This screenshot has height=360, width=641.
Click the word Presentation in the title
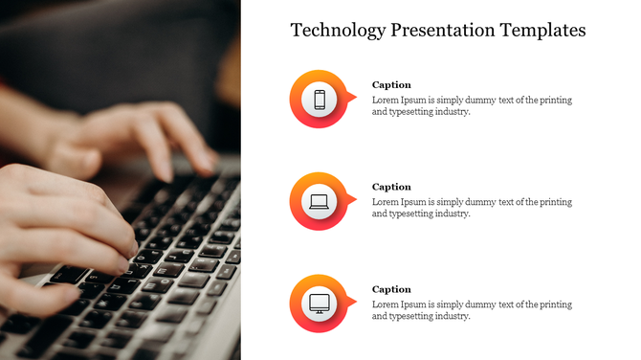tap(443, 31)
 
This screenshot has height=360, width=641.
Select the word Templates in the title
tap(542, 31)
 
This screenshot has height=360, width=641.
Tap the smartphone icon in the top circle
tap(320, 99)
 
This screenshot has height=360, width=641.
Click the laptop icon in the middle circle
tap(320, 201)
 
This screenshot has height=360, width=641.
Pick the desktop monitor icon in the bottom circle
tap(320, 304)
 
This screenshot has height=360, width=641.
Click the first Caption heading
tap(391, 84)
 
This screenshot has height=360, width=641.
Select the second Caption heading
tap(391, 187)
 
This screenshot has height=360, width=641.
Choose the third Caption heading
tap(391, 289)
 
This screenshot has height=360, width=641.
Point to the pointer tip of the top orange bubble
tap(356, 97)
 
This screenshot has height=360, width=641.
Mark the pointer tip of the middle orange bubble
tap(356, 199)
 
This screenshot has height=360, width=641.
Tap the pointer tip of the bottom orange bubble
tap(356, 302)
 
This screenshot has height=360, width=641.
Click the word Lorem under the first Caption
tap(386, 100)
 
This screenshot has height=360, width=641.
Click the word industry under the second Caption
tap(452, 214)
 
